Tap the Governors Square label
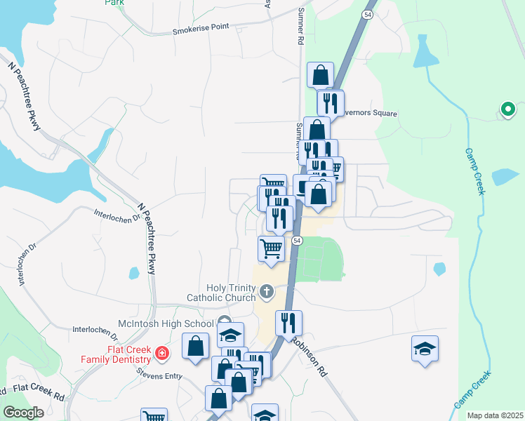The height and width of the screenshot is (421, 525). (x=368, y=114)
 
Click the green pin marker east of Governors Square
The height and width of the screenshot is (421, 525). (x=507, y=109)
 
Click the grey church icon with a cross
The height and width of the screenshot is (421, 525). (x=266, y=290)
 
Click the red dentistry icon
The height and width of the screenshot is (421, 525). (x=163, y=353)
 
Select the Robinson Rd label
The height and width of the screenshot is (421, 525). (x=310, y=357)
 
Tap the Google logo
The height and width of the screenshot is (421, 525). (x=25, y=413)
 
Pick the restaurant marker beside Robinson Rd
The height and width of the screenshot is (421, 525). (x=288, y=322)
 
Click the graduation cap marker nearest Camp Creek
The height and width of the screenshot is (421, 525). (x=425, y=348)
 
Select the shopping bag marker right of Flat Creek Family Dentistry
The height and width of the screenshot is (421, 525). (x=196, y=345)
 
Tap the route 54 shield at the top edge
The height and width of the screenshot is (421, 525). (x=367, y=14)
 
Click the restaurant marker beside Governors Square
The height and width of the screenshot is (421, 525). (x=330, y=102)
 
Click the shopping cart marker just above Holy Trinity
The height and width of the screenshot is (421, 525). (x=271, y=248)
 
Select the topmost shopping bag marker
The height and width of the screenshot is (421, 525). (x=320, y=74)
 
